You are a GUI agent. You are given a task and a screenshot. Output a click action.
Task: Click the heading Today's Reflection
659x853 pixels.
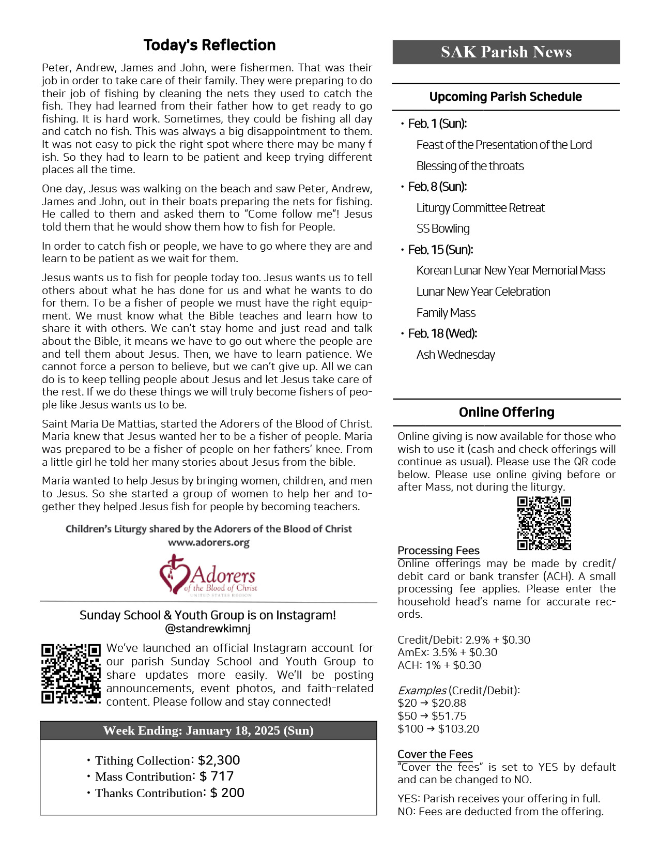(209, 45)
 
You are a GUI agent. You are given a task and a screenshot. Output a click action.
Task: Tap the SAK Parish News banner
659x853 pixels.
(506, 52)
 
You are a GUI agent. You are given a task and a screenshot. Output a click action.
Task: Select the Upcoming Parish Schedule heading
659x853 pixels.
(505, 97)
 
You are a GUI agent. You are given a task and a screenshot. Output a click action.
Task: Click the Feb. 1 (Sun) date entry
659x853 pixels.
(437, 124)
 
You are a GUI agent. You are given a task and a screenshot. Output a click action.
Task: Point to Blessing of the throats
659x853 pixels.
(470, 166)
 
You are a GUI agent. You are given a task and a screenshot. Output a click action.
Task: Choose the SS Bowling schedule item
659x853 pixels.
(443, 229)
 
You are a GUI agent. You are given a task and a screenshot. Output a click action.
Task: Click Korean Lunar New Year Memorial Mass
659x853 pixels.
(511, 271)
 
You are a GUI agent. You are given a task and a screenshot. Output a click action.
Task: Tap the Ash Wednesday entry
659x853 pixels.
(455, 355)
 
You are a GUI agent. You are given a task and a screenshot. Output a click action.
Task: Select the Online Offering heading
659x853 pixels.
(507, 413)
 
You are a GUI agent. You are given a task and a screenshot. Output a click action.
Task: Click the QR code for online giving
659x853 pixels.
(544, 523)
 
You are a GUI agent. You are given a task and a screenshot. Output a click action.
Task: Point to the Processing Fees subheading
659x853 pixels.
(438, 551)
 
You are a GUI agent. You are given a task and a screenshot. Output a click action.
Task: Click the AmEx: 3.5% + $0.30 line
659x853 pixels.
(447, 652)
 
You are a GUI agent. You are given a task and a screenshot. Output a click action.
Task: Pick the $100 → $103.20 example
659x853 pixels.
(438, 729)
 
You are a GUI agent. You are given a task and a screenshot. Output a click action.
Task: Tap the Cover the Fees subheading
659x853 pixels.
(435, 754)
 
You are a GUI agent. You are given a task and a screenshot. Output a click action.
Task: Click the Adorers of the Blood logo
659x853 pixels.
(208, 575)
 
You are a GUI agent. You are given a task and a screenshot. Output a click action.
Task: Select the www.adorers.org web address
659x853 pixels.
(209, 543)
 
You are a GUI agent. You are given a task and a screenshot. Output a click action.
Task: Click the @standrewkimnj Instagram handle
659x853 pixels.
(208, 629)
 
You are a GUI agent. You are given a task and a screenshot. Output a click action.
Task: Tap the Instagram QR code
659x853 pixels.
(71, 674)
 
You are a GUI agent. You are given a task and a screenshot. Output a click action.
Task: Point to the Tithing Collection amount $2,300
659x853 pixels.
(219, 760)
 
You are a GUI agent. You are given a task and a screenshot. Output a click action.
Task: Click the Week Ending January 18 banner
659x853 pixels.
(208, 730)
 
